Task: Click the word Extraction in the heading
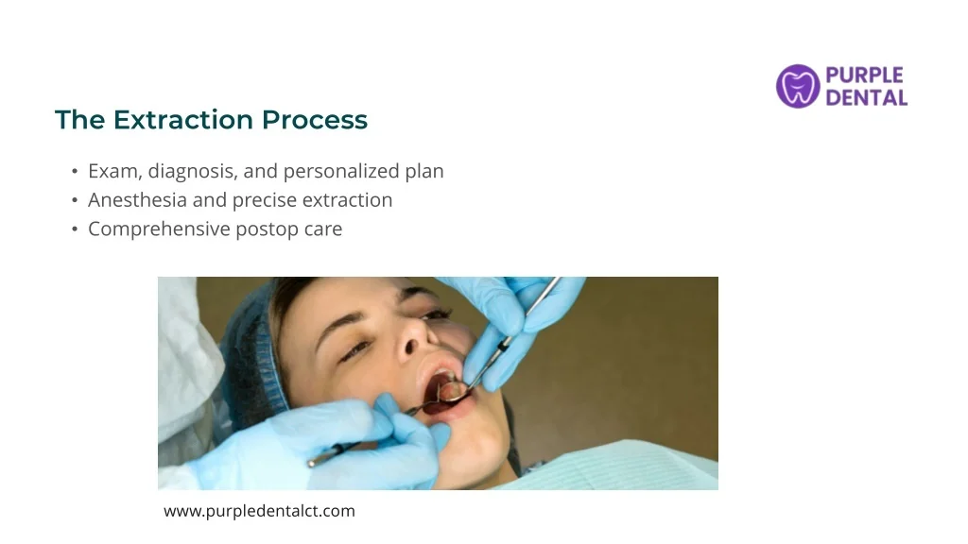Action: click(x=183, y=120)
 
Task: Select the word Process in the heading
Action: click(x=315, y=120)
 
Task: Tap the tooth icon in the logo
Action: click(x=798, y=86)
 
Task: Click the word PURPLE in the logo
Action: click(x=864, y=76)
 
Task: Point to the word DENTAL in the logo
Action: click(x=867, y=97)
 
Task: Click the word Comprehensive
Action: click(x=159, y=229)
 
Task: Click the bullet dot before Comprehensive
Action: click(x=75, y=229)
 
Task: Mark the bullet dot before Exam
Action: click(x=75, y=172)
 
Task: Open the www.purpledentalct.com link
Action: click(x=259, y=511)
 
